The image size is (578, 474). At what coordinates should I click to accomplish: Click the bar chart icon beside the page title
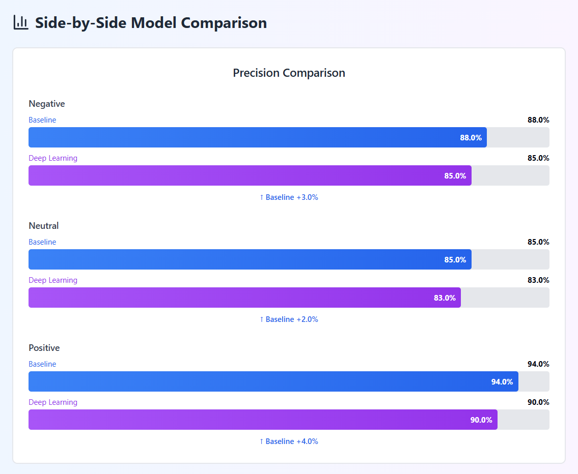tap(21, 22)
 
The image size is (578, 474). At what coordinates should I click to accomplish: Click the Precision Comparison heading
tap(289, 73)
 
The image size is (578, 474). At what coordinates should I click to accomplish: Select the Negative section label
tap(47, 104)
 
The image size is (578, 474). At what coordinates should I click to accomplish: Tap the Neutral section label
tap(44, 226)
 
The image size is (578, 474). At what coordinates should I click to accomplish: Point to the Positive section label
tap(44, 348)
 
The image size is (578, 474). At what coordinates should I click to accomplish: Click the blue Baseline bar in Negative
tap(257, 137)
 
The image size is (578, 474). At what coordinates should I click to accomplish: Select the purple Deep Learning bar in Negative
tap(250, 175)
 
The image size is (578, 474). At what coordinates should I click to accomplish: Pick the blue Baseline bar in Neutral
tap(250, 259)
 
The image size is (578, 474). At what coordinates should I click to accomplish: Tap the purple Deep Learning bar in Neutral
tap(244, 298)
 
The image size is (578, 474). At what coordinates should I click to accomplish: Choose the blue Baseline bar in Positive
tap(273, 381)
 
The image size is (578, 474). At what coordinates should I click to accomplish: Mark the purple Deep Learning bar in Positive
tap(263, 420)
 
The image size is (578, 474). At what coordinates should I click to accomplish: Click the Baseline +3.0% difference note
tap(289, 197)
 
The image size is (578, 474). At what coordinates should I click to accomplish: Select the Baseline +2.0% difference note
tap(289, 319)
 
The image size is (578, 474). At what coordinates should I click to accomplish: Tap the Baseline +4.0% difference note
tap(289, 441)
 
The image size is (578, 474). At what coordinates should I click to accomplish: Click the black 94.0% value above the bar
tap(538, 364)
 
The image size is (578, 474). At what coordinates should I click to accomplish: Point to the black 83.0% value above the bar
tap(538, 280)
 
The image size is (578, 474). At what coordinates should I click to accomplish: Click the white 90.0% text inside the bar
tap(481, 420)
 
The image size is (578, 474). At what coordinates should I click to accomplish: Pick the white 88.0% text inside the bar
tap(471, 138)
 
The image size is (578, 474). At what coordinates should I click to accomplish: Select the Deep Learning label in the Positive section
tap(53, 402)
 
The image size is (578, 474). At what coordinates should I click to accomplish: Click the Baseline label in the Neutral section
tap(42, 242)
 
